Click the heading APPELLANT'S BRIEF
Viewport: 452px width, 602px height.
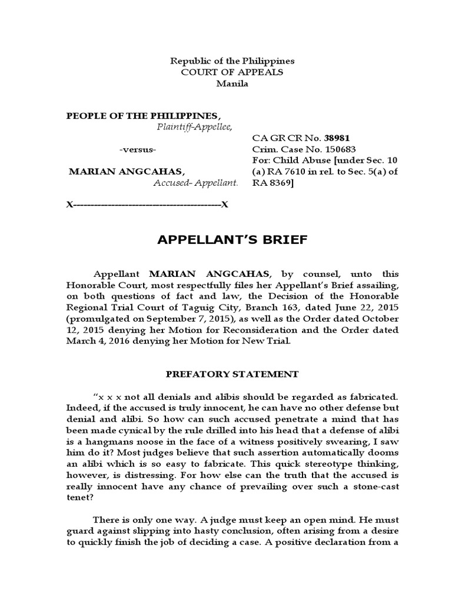pos(225,240)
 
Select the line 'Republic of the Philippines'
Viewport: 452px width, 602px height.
pos(232,61)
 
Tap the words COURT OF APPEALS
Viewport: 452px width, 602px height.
pos(232,72)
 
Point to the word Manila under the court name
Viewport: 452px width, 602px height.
pos(232,83)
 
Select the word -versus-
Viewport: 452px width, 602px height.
pos(137,150)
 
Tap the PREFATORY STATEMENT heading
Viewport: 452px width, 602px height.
pos(232,374)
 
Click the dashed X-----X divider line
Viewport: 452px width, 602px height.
pos(147,205)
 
